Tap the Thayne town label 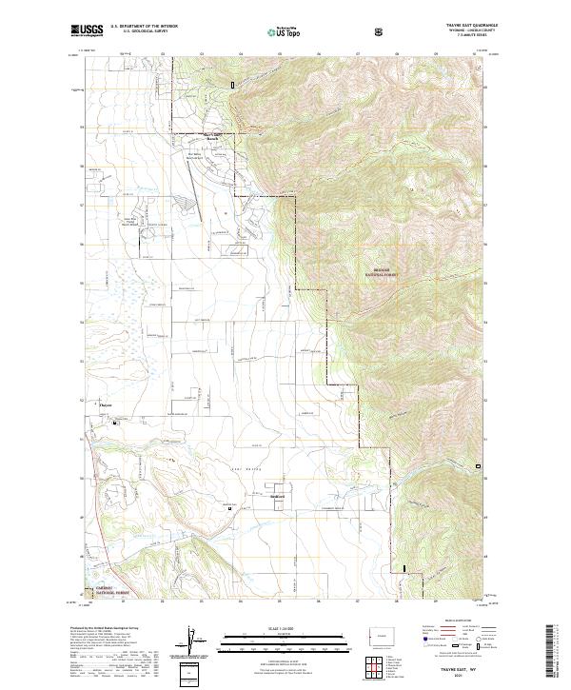coord(107,406)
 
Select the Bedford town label coord(275,495)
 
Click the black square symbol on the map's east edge coord(479,465)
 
